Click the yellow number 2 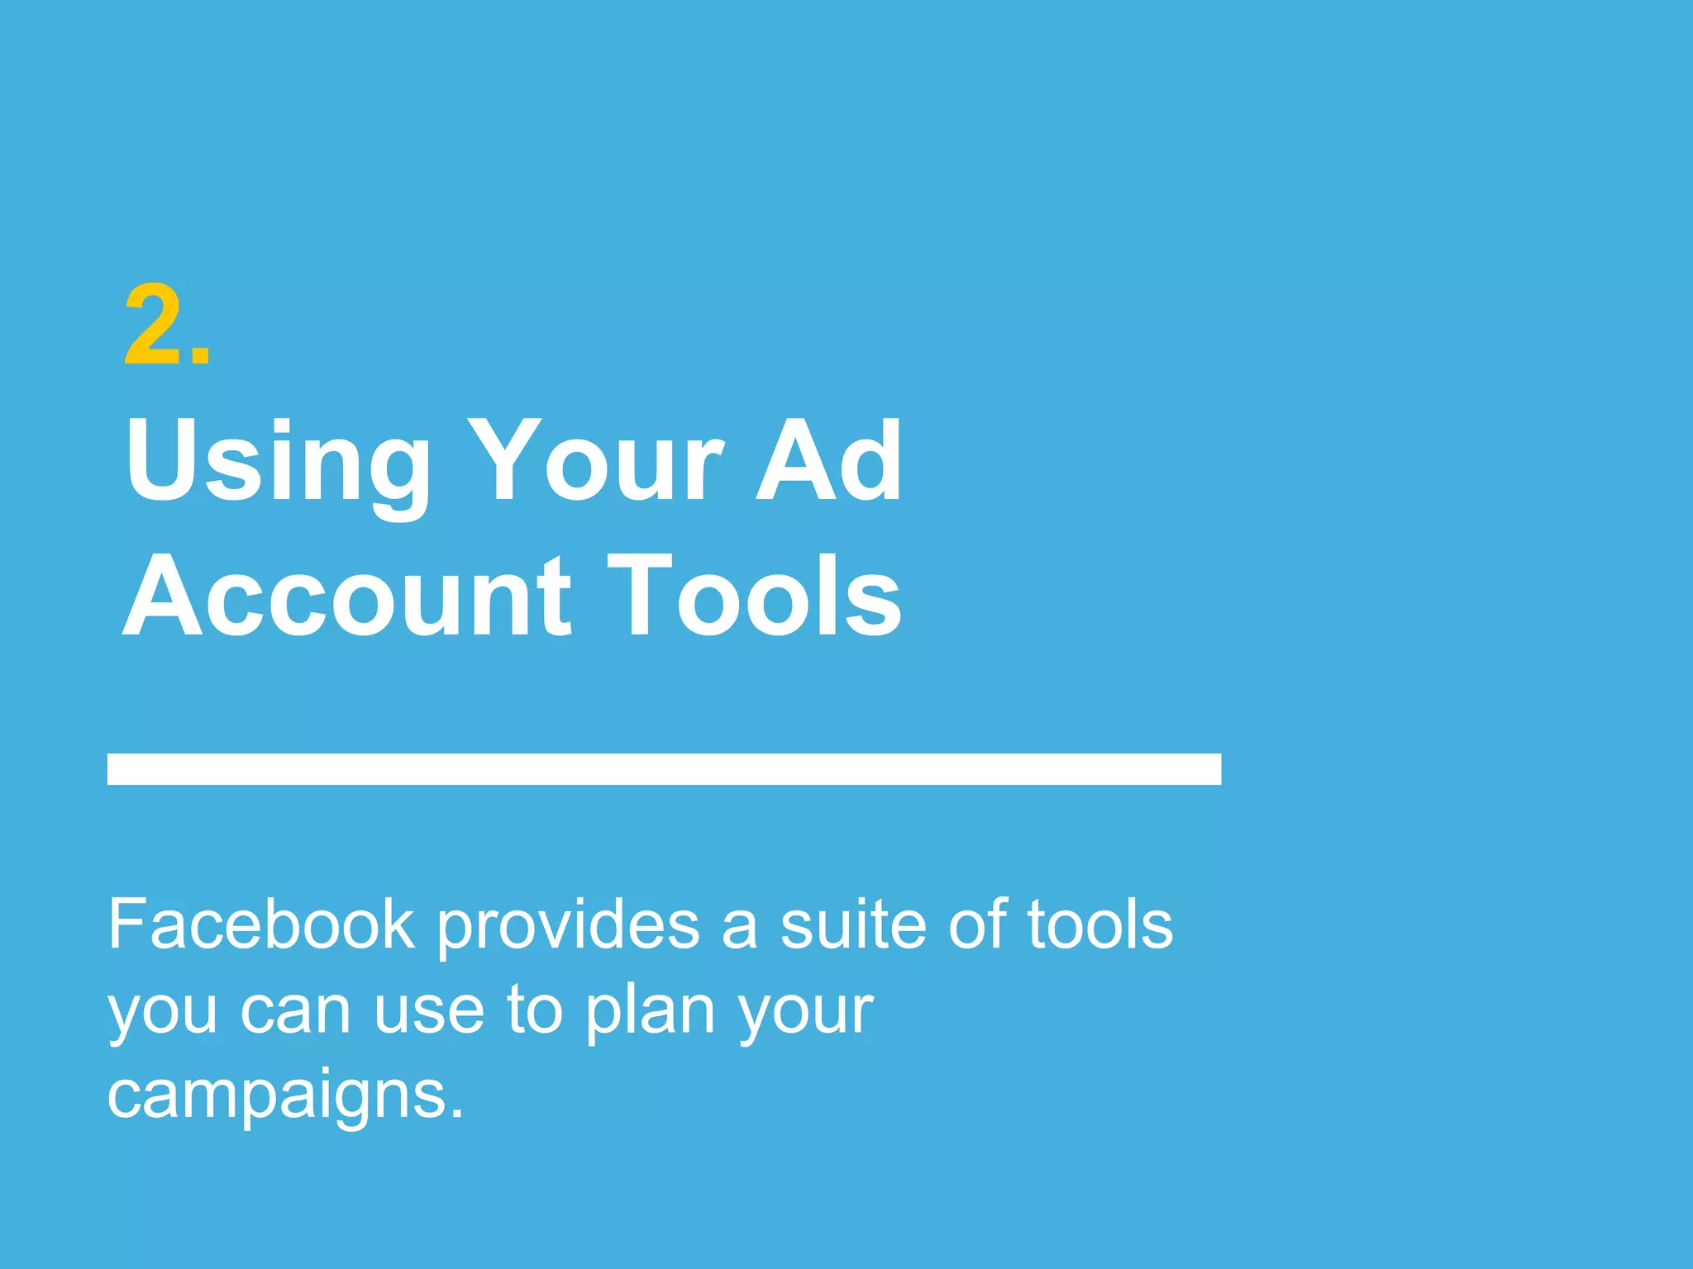pyautogui.click(x=155, y=325)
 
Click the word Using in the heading pyautogui.click(x=277, y=463)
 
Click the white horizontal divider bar pyautogui.click(x=664, y=768)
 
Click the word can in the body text pyautogui.click(x=296, y=1011)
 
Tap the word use pyautogui.click(x=428, y=1011)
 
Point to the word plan pyautogui.click(x=650, y=1013)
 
